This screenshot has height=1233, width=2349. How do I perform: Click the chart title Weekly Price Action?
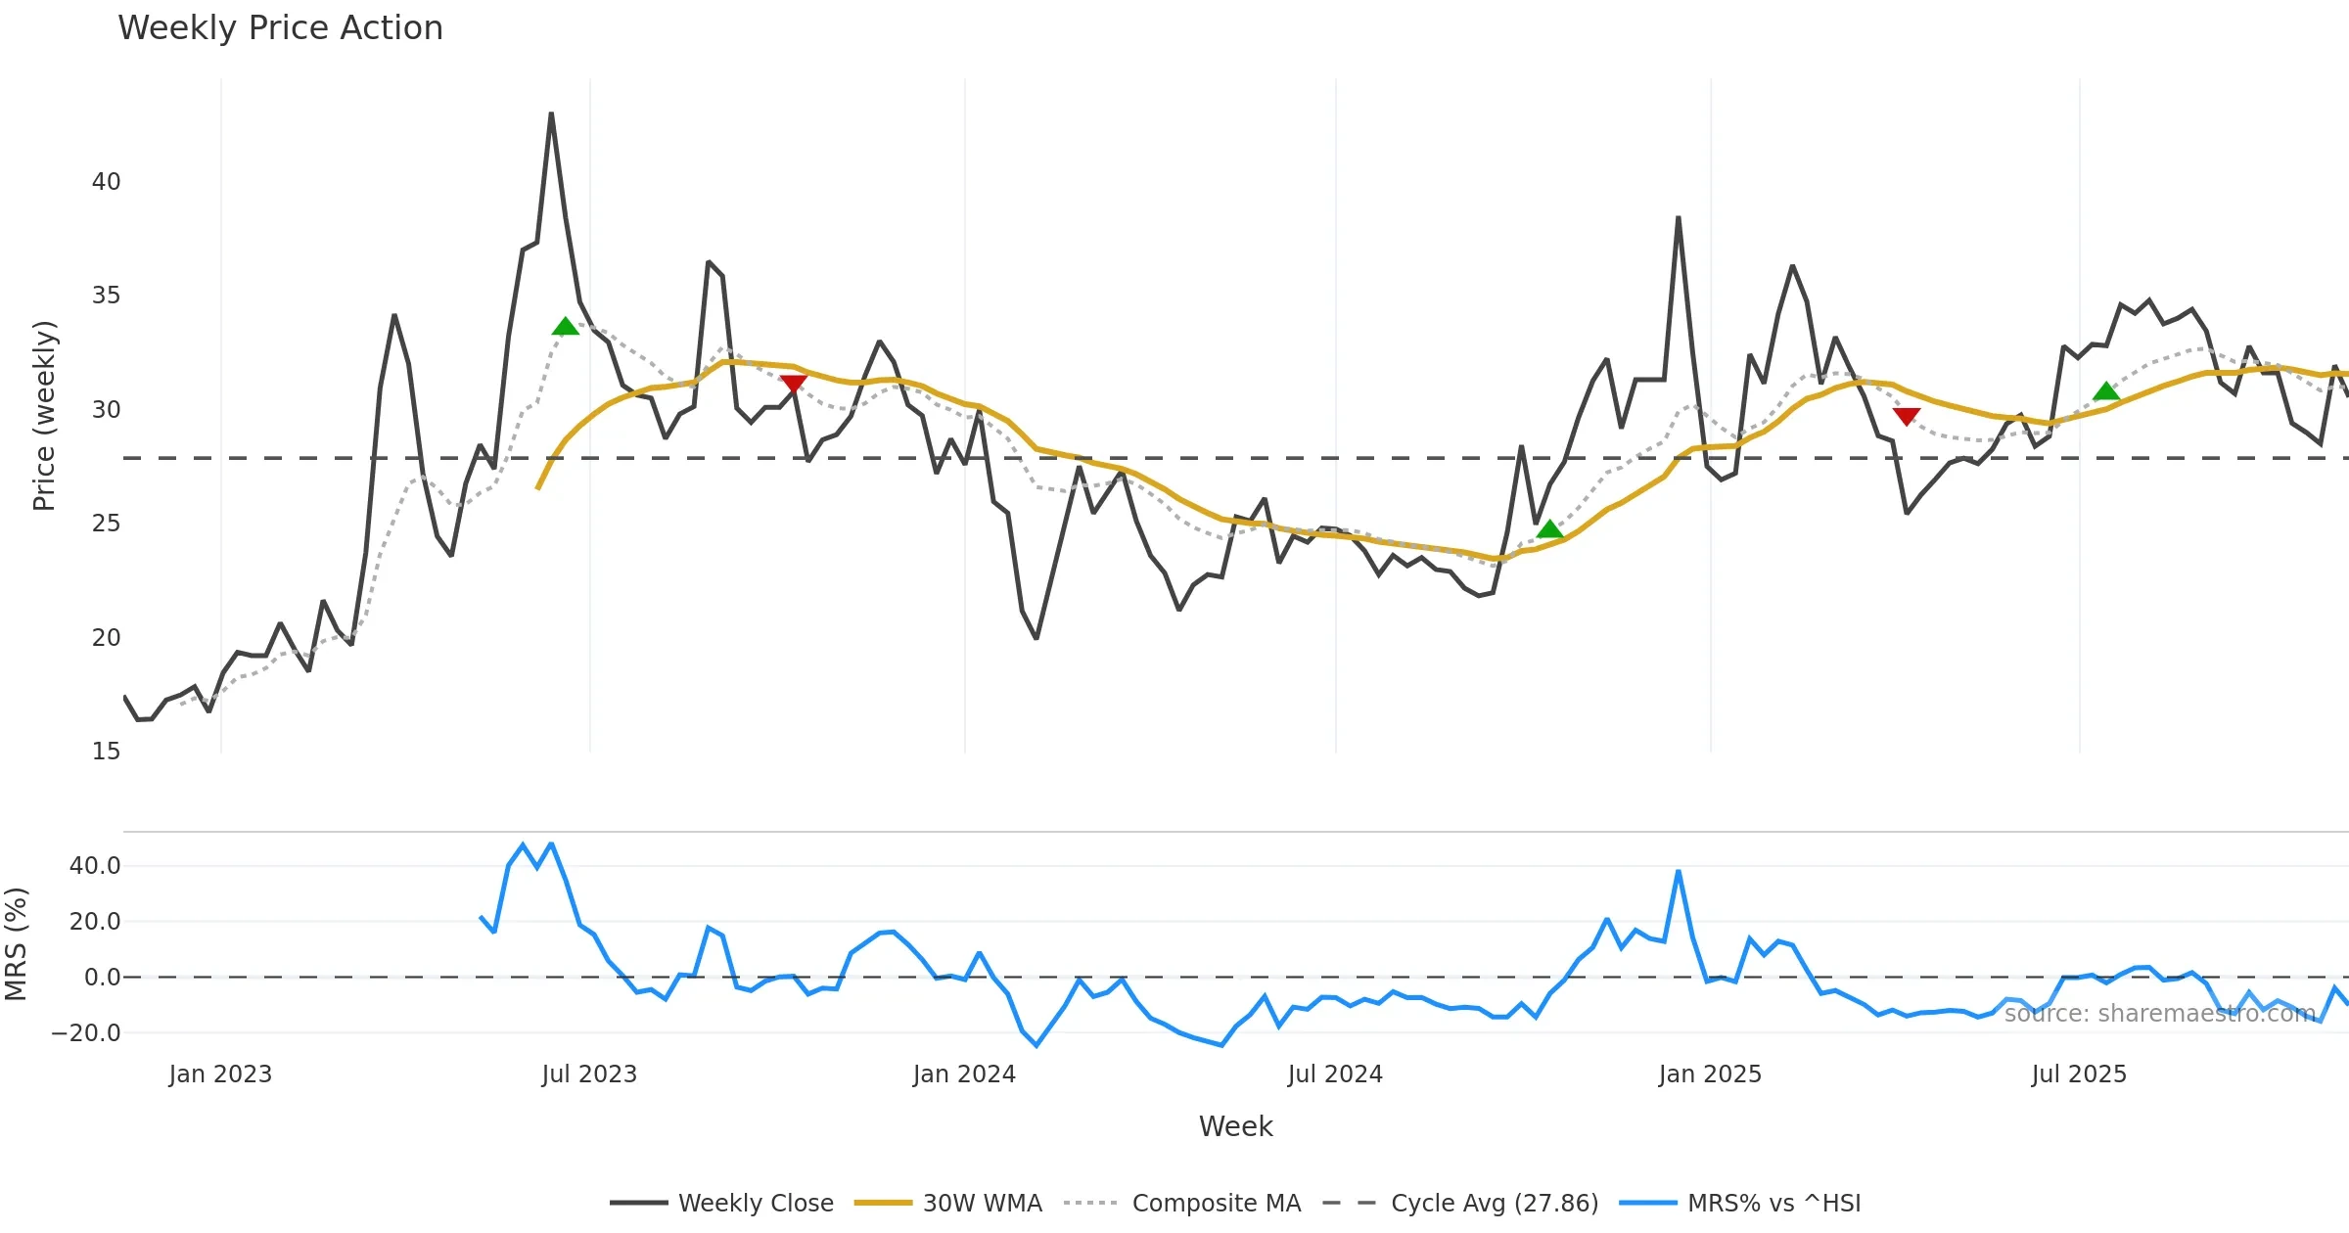tap(280, 27)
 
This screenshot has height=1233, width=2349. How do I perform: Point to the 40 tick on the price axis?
tap(106, 182)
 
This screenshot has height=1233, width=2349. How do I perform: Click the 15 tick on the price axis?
tap(106, 752)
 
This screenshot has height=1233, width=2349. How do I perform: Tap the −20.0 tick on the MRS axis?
tap(86, 1032)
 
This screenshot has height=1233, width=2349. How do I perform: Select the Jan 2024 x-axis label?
tap(964, 1074)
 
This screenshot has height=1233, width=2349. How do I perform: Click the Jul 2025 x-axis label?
tap(2079, 1074)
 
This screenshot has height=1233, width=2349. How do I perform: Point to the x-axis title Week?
tap(1235, 1126)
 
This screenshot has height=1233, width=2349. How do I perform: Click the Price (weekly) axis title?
tap(44, 416)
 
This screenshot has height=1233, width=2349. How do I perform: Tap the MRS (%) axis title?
tap(16, 944)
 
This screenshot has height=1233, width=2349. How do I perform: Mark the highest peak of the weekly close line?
tap(551, 114)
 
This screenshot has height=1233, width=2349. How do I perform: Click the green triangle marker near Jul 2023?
tap(565, 327)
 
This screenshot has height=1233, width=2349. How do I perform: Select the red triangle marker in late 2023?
tap(794, 384)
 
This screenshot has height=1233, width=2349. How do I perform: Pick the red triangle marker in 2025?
tap(1906, 416)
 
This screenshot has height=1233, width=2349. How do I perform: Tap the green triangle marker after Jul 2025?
tap(2106, 391)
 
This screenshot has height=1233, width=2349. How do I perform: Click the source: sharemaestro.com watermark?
tap(2159, 1014)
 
